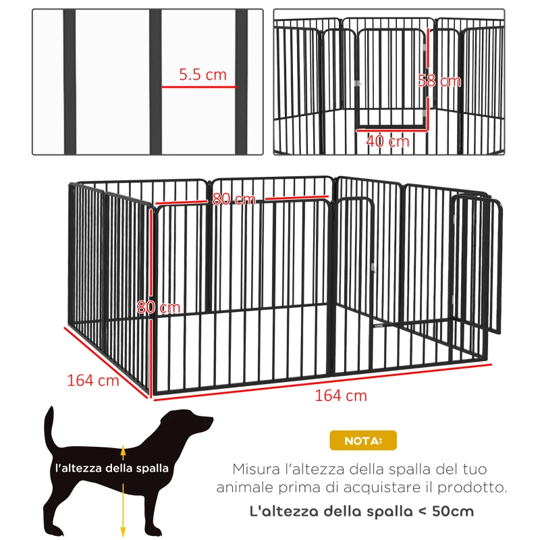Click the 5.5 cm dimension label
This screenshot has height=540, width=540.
coord(202,75)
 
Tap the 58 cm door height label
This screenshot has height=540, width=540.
coord(439,81)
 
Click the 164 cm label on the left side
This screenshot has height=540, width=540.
coord(92,380)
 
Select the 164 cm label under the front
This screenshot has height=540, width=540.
coord(341,396)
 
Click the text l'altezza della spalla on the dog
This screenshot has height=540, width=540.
coord(112,467)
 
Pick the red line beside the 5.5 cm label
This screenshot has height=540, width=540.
coord(198,87)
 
